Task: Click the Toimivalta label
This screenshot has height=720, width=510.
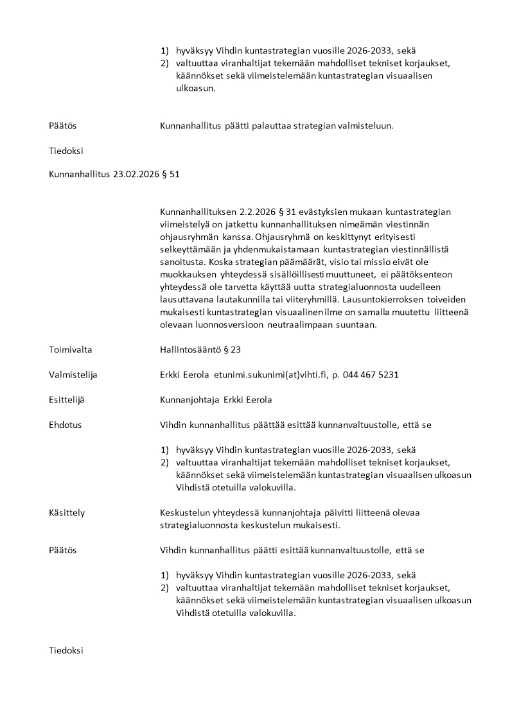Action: click(71, 350)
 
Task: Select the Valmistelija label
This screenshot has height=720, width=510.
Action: click(73, 375)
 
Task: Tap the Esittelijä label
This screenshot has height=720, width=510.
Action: click(67, 400)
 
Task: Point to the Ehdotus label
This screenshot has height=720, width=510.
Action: click(66, 425)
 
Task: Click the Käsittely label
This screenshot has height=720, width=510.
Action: click(67, 513)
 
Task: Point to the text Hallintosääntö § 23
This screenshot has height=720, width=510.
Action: click(200, 350)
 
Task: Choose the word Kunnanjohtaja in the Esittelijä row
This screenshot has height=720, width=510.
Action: click(189, 400)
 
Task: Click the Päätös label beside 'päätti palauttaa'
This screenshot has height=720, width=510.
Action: click(63, 126)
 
